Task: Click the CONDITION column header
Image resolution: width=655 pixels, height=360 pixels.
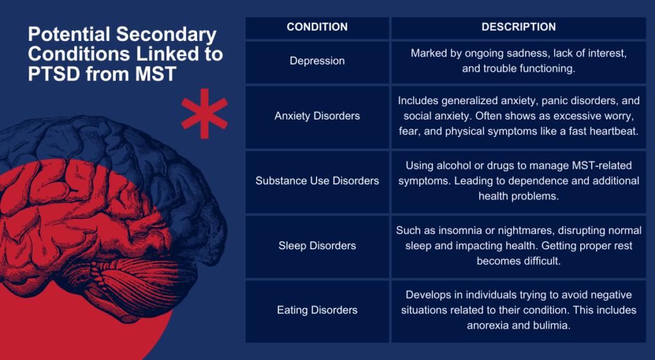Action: [x=317, y=27]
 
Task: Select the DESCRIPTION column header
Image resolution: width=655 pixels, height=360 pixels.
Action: [x=518, y=27]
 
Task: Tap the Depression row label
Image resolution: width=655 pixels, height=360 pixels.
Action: [x=317, y=61]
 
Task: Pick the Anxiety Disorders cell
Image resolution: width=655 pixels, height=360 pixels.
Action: [x=317, y=116]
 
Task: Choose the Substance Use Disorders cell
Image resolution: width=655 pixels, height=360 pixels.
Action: [x=317, y=181]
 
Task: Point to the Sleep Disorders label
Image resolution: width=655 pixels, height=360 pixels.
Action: [x=317, y=246]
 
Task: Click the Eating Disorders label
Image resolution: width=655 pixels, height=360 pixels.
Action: [x=317, y=310]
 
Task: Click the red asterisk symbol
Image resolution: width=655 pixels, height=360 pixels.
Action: [x=204, y=114]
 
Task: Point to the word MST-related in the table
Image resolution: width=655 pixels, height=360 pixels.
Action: [x=605, y=166]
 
